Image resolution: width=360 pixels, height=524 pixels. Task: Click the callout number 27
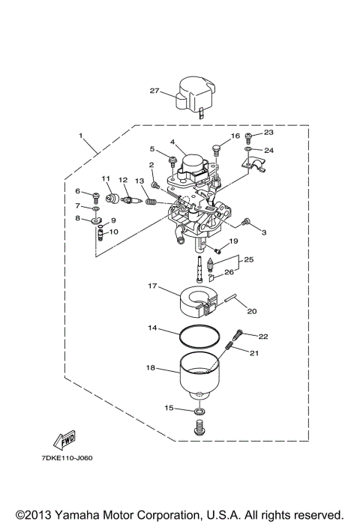[x=155, y=91]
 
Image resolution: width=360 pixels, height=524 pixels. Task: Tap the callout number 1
[x=80, y=136]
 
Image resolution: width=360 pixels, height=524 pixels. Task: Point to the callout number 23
[x=269, y=133]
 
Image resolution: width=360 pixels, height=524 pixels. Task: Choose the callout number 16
[x=235, y=136]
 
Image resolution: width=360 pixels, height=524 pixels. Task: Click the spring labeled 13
[x=149, y=201]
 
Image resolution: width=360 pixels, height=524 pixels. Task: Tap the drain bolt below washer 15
[x=199, y=430]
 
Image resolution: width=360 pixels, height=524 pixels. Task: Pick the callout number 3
[x=264, y=232]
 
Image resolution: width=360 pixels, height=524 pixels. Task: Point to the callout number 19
[x=233, y=241]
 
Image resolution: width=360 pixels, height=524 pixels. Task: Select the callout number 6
[x=76, y=193]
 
